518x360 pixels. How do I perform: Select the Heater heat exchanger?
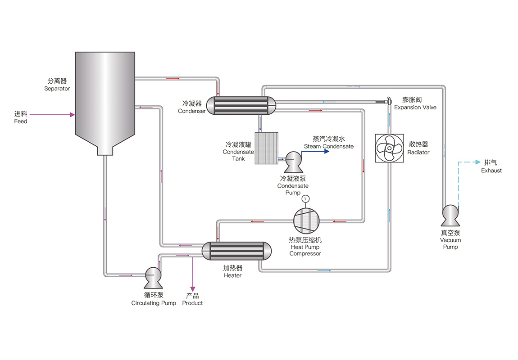(237, 251)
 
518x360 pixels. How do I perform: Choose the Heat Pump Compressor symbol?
(306, 220)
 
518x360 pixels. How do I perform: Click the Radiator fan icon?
(390, 148)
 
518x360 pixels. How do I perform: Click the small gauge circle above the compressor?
(306, 198)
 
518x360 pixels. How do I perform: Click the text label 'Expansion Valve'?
(415, 108)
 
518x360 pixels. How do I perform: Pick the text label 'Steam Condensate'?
(328, 146)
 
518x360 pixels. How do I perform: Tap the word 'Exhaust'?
(491, 171)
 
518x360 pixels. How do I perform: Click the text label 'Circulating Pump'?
(154, 303)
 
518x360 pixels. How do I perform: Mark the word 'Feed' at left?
(21, 121)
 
